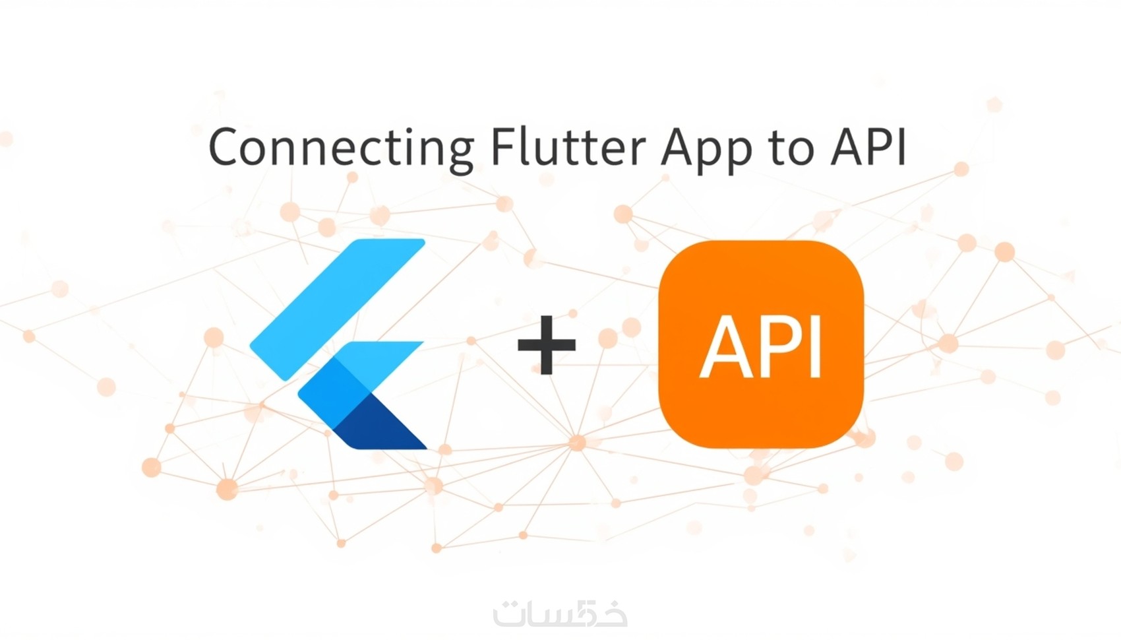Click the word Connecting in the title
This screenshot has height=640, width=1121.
(341, 148)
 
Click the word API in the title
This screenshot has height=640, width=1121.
(869, 146)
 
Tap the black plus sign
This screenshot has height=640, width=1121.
(547, 345)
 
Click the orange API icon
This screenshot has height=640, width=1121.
(761, 344)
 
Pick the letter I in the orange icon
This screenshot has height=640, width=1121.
(815, 346)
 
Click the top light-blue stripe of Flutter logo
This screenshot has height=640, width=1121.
(338, 309)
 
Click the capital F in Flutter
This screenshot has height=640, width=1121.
(502, 146)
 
